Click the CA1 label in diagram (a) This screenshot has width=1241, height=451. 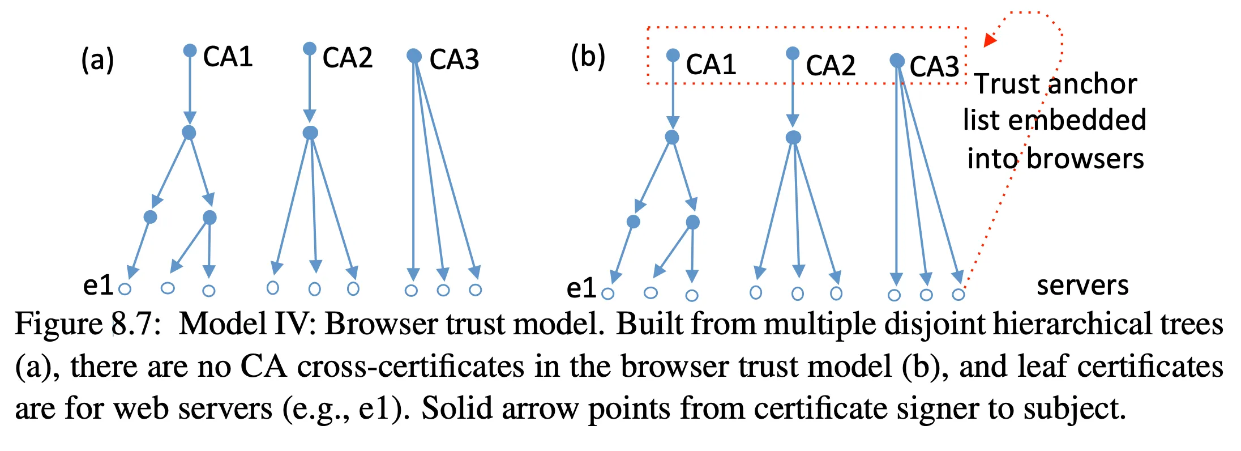228,57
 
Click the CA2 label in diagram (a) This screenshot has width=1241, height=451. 347,58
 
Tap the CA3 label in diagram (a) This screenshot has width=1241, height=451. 454,59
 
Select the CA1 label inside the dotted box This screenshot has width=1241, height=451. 711,65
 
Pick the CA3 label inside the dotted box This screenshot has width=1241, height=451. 934,67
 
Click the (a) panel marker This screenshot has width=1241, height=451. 97,60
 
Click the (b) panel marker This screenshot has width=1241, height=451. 588,57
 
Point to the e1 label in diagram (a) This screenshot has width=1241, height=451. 99,285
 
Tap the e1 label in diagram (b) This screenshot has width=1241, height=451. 581,288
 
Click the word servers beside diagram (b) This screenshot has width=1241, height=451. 1082,285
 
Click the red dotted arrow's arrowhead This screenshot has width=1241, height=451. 989,40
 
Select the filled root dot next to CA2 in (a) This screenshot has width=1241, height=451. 310,49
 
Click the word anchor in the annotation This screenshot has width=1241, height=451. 1092,84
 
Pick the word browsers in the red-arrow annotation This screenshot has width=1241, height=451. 1085,159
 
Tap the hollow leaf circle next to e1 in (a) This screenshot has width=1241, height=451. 125,290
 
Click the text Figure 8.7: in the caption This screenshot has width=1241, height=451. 88,325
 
